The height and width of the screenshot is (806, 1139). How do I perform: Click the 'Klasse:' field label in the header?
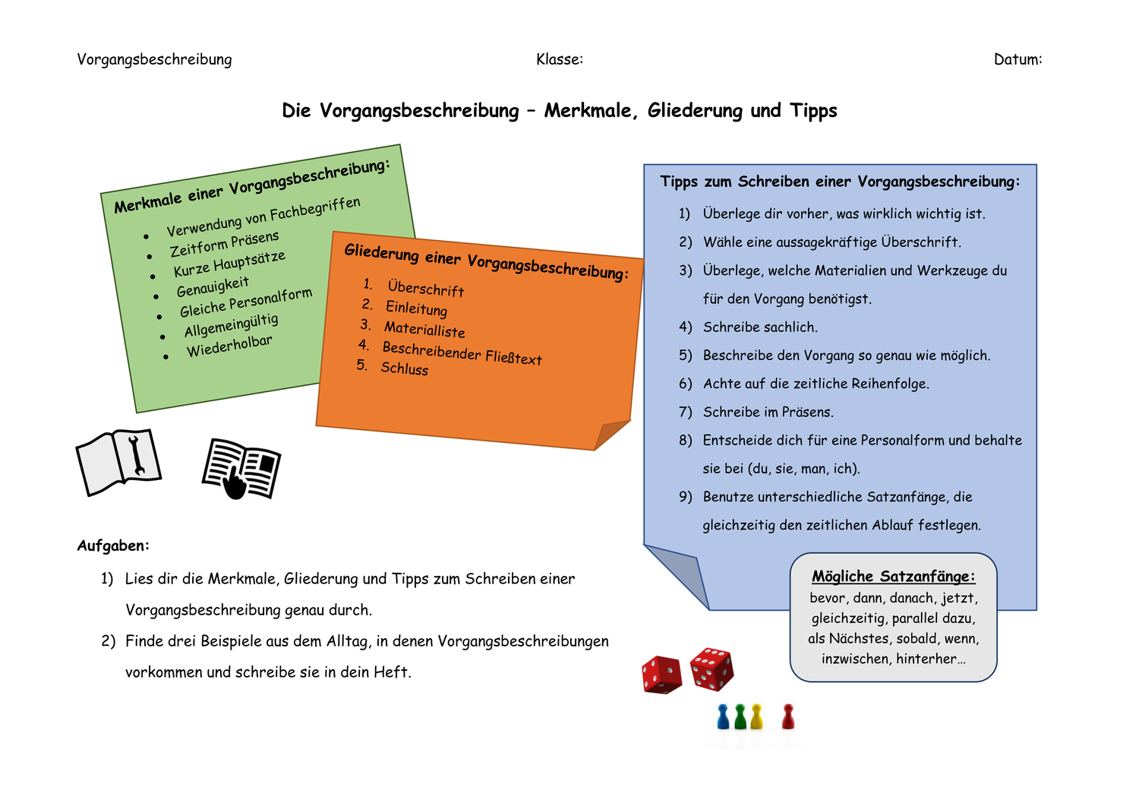click(x=559, y=59)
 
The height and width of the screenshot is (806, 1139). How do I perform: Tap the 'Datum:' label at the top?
click(x=1018, y=59)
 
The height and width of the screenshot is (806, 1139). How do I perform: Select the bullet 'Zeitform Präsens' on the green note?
click(x=224, y=244)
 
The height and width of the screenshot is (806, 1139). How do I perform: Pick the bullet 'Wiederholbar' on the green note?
click(x=229, y=346)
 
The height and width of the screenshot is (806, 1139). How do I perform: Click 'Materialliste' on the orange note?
click(x=424, y=329)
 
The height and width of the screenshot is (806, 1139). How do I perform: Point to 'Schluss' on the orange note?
click(x=404, y=368)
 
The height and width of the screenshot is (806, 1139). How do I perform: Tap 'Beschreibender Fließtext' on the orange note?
click(x=462, y=352)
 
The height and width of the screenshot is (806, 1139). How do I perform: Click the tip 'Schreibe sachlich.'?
click(x=760, y=327)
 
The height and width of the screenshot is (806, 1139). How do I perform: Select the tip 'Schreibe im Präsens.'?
click(x=768, y=412)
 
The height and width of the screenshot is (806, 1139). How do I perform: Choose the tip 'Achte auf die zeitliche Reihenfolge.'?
click(x=816, y=384)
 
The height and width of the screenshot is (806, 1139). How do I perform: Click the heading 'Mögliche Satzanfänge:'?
click(x=893, y=577)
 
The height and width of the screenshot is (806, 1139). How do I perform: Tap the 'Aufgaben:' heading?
click(x=113, y=545)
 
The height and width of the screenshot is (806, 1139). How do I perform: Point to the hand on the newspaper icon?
click(x=235, y=485)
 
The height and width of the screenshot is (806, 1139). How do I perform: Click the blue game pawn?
click(x=723, y=716)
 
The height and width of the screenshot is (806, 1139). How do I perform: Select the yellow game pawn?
click(x=756, y=716)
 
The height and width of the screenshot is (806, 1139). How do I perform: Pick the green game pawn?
click(x=740, y=716)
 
